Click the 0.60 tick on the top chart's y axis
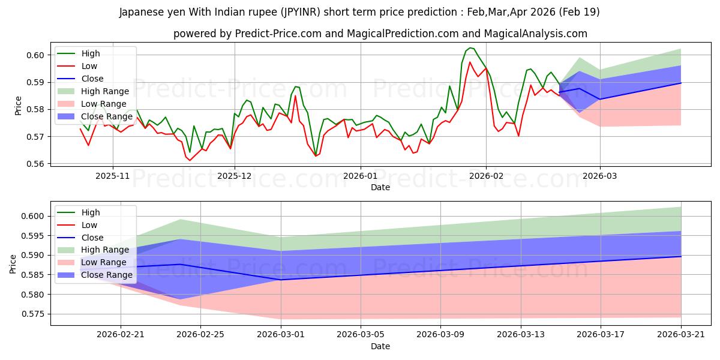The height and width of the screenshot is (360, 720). pyautogui.click(x=35, y=55)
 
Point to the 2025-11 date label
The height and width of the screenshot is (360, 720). pyautogui.click(x=113, y=176)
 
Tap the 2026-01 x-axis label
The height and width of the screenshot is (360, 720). pyautogui.click(x=361, y=176)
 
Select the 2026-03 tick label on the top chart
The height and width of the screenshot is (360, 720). pyautogui.click(x=600, y=176)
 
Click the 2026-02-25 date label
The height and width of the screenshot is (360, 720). pyautogui.click(x=200, y=335)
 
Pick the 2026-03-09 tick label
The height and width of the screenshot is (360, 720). pyautogui.click(x=440, y=335)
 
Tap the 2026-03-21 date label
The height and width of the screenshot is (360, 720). pyautogui.click(x=681, y=335)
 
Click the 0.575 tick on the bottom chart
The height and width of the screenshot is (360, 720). pyautogui.click(x=32, y=314)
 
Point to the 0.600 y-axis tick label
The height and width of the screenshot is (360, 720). pyautogui.click(x=32, y=217)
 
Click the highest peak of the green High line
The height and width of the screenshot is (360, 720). pyautogui.click(x=470, y=48)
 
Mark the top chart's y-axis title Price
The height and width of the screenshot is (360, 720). pyautogui.click(x=18, y=106)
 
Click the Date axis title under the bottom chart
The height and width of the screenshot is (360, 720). pyautogui.click(x=380, y=347)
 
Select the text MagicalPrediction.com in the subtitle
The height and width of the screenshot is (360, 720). pyautogui.click(x=403, y=34)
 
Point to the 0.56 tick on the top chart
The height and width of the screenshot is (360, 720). pyautogui.click(x=35, y=164)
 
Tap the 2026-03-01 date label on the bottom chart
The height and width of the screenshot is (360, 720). pyautogui.click(x=281, y=335)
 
